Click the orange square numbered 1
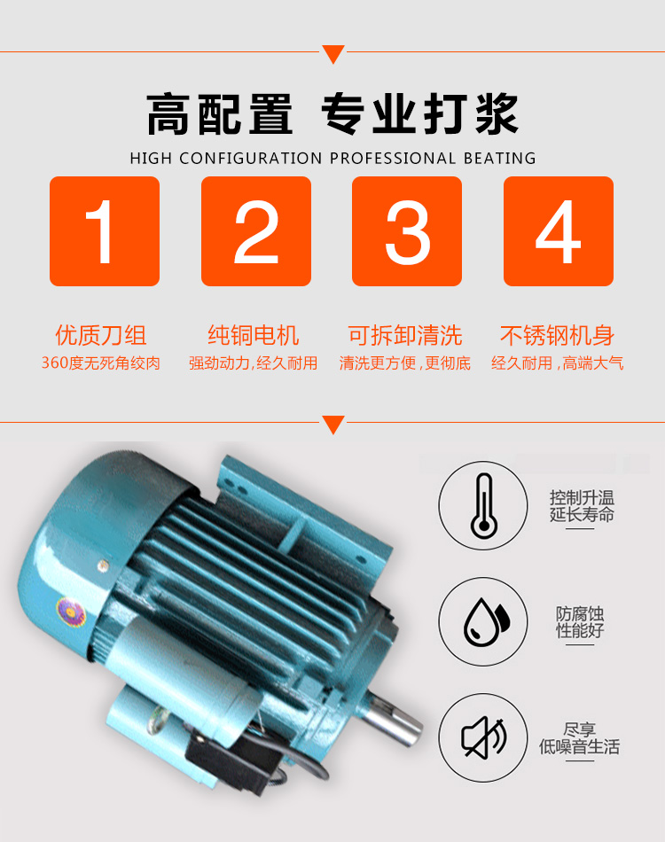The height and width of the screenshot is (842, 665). (105, 231)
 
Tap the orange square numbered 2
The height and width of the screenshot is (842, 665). (256, 231)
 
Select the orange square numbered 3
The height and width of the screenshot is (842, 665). (407, 231)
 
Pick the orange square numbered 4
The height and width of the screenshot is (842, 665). (559, 231)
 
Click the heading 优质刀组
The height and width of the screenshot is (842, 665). (101, 336)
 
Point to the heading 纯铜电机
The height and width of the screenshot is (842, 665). (253, 336)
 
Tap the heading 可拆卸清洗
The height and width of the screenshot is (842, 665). (405, 336)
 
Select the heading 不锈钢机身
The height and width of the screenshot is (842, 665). (557, 336)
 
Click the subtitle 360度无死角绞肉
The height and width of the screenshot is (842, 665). (101, 363)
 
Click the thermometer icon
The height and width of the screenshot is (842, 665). (483, 506)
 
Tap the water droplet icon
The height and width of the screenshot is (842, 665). (487, 622)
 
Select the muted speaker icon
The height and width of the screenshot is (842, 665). (484, 737)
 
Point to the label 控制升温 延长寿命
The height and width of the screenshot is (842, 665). (581, 506)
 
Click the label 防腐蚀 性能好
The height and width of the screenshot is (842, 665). (580, 622)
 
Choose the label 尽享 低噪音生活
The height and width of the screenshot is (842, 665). (580, 738)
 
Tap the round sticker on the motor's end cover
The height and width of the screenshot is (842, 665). (71, 612)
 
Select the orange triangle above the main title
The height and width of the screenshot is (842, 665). (333, 54)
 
